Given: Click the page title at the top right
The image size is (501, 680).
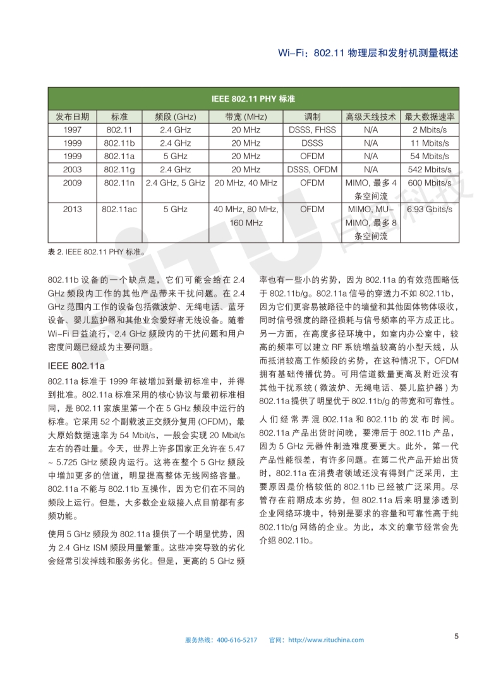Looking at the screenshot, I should pos(368,54).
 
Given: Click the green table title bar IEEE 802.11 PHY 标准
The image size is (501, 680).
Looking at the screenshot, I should pos(253,100).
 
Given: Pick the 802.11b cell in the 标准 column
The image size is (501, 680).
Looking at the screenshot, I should pos(119,143).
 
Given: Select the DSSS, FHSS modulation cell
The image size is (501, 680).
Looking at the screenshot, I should pos(312,130).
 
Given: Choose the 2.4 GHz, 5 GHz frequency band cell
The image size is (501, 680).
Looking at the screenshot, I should pos(176,183).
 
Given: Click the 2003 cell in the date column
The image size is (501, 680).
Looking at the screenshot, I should pos(72,169).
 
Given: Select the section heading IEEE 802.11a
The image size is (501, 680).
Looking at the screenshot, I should pos(76,366).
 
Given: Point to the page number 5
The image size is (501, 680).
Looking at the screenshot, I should pos(456,636).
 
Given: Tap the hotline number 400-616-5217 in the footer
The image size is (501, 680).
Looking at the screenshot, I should pos(237,640).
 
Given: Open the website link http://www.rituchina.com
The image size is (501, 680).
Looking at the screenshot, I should pos(325,640).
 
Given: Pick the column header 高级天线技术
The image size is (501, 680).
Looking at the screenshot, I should pos(371,117).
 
